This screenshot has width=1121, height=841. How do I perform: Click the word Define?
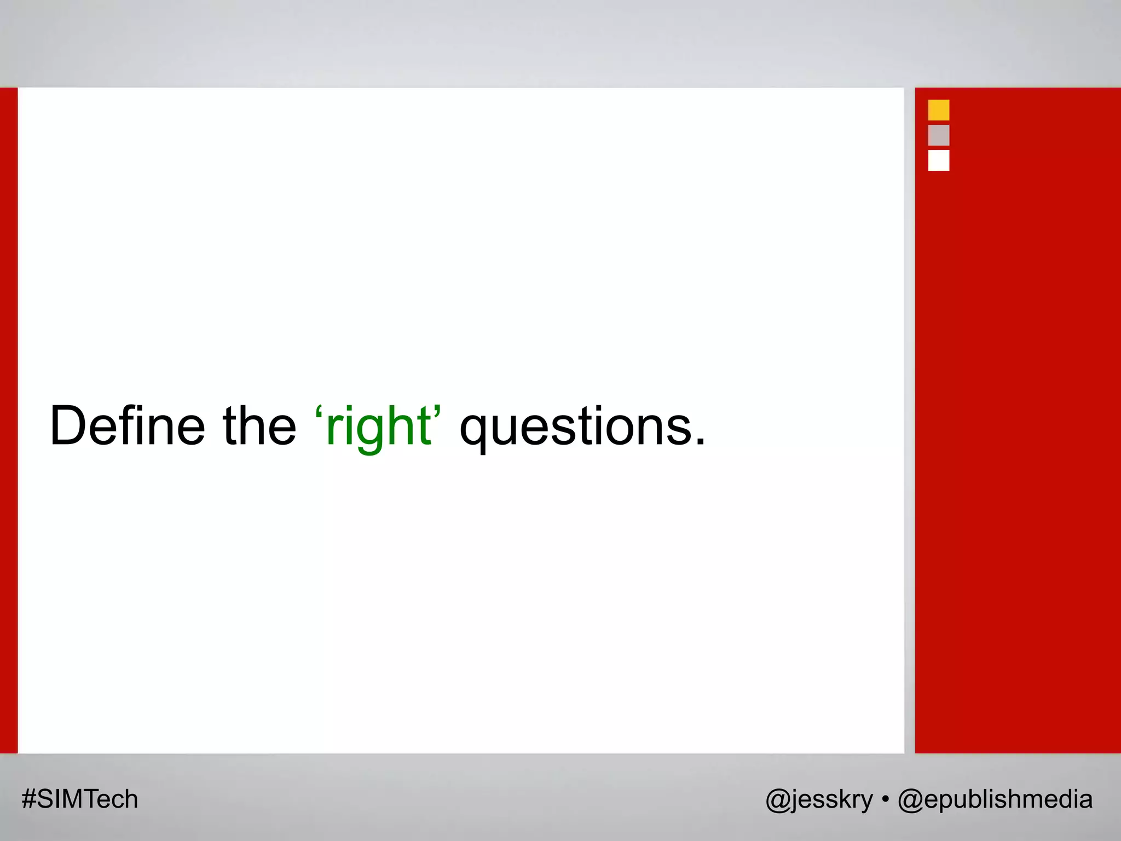click(127, 426)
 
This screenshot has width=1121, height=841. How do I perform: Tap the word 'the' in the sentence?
click(259, 426)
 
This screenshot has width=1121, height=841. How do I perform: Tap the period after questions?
click(700, 441)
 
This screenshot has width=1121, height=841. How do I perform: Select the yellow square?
click(938, 110)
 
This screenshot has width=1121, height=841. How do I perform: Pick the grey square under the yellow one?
click(938, 135)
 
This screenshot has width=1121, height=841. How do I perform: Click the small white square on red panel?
click(938, 160)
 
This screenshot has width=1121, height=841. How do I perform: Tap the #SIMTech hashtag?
click(80, 799)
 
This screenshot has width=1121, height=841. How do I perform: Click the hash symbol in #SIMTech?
click(28, 799)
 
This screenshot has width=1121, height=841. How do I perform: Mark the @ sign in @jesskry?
click(777, 800)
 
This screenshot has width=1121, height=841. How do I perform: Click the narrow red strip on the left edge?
click(8, 420)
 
